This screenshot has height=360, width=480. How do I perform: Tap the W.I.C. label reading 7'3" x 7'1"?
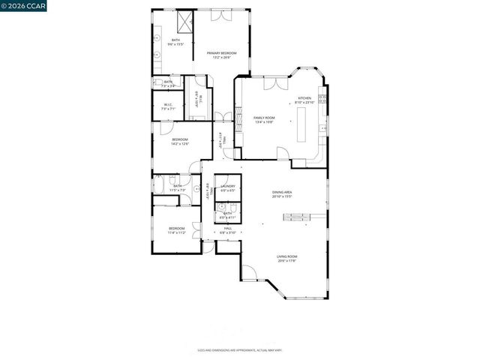point(168,106)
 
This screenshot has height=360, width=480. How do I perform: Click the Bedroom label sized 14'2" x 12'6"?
point(180,142)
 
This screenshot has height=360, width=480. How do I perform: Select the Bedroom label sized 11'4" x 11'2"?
point(176,230)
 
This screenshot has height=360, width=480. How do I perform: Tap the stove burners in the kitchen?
point(322,97)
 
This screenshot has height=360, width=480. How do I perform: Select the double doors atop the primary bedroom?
point(221,15)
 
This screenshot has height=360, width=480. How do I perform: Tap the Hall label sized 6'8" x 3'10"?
point(228,230)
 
